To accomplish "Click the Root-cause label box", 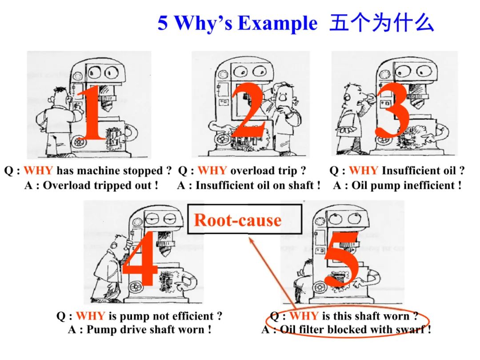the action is tap(238, 220).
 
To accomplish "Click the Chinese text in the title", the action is tap(381, 23).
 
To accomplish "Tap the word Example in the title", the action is tap(277, 23).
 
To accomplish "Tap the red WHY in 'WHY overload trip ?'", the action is tap(212, 171).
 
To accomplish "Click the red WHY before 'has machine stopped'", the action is tap(38, 171).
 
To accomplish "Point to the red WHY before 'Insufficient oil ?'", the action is tap(364, 171).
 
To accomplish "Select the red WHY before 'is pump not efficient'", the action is tap(91, 316).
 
